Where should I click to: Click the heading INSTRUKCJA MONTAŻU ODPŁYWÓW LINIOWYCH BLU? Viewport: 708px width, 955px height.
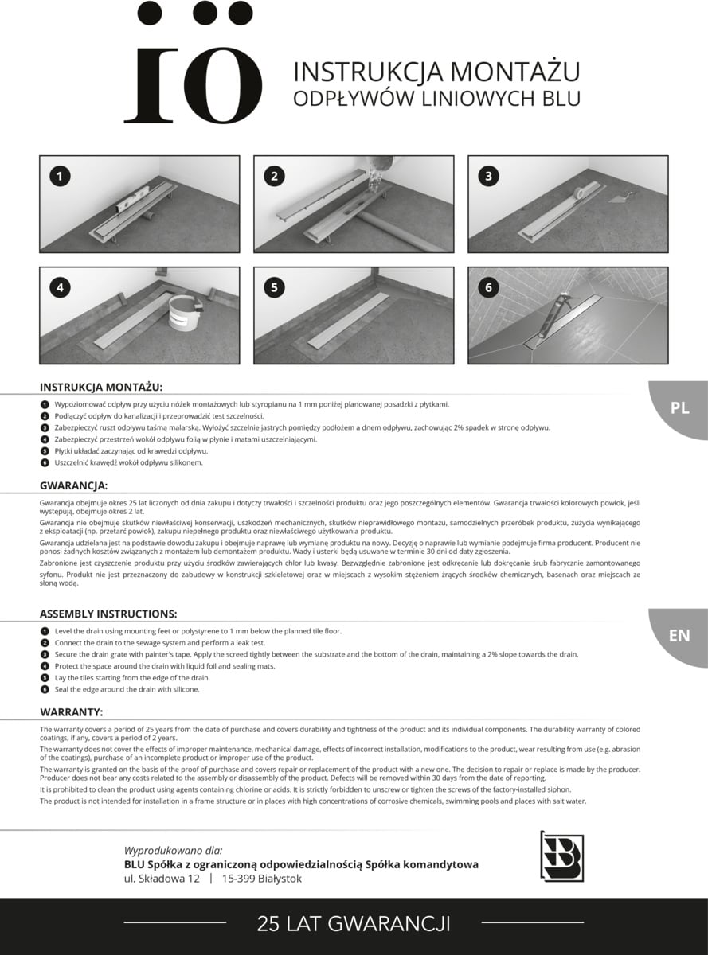click(436, 85)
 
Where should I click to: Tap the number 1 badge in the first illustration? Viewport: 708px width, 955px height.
click(60, 176)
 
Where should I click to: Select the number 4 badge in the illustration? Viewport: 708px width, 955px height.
click(60, 287)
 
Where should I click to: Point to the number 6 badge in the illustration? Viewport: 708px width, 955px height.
click(488, 287)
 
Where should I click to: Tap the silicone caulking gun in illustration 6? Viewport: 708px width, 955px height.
click(553, 315)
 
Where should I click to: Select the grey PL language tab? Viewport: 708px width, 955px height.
click(679, 410)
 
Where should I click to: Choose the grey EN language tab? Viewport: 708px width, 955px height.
click(679, 637)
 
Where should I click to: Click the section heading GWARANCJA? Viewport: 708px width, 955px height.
click(74, 485)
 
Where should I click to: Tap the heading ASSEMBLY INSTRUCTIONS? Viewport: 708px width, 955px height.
click(108, 614)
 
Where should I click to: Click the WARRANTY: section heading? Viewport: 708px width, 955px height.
click(72, 712)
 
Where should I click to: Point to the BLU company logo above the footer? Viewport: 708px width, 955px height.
click(562, 857)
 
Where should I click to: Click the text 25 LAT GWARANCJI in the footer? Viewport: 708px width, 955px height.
click(354, 924)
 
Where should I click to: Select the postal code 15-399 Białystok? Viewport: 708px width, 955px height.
click(261, 879)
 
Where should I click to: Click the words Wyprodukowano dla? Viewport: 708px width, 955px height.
click(174, 851)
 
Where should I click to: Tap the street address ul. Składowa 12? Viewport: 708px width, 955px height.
click(162, 879)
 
